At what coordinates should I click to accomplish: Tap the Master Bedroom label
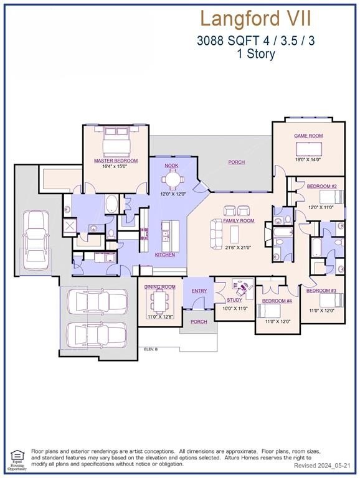tap(116, 161)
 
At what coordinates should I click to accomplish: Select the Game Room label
tap(307, 135)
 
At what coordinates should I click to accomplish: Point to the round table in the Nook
tap(172, 179)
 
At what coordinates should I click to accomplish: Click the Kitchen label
tap(165, 255)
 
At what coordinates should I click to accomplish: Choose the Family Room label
tap(239, 221)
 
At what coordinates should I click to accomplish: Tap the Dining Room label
tap(160, 287)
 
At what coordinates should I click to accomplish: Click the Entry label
tap(199, 291)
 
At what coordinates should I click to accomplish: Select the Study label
tap(235, 300)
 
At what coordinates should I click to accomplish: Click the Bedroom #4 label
tap(277, 301)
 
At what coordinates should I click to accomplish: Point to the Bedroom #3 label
tap(321, 291)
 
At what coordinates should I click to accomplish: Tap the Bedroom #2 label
tap(322, 187)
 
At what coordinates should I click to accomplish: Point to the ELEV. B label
tap(151, 349)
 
